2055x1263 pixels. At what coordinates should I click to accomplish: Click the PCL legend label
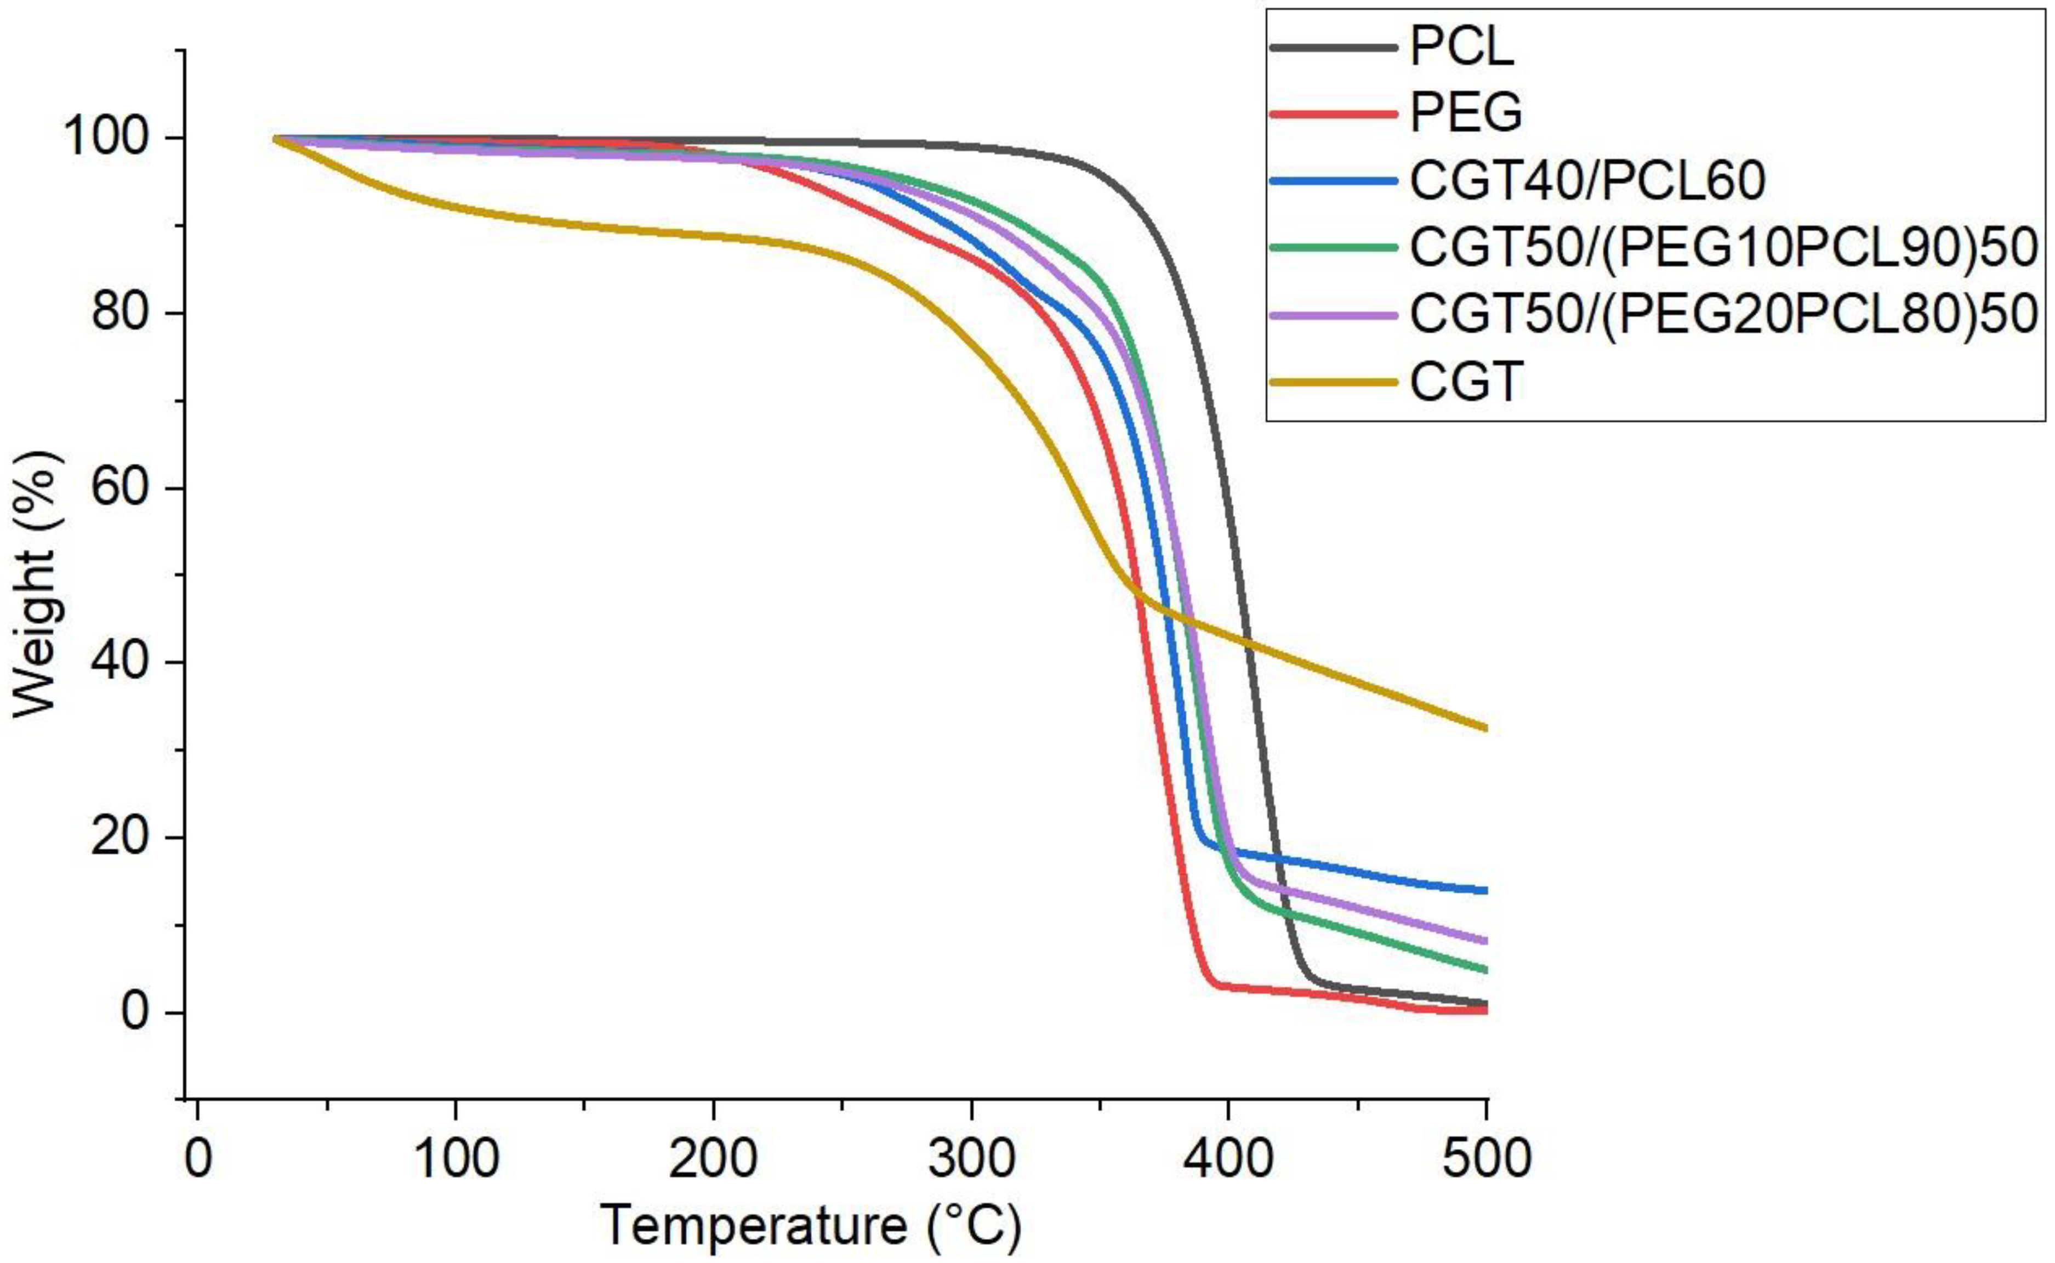tap(1461, 48)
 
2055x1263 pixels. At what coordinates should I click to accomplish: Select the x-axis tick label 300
tap(971, 1159)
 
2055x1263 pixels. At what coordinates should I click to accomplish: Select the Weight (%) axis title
tap(35, 585)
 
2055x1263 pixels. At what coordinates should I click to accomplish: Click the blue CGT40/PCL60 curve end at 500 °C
tap(1485, 890)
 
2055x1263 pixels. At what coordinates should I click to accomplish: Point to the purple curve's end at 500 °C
tap(1485, 941)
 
